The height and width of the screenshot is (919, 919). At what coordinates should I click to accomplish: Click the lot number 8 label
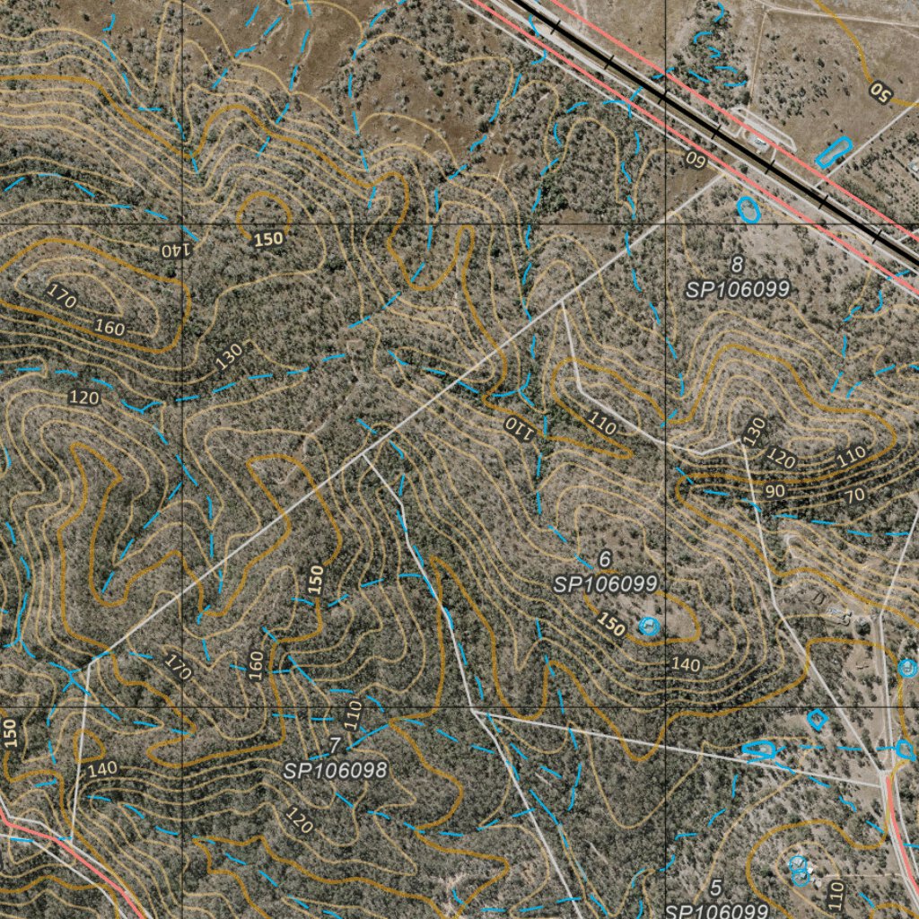click(x=737, y=265)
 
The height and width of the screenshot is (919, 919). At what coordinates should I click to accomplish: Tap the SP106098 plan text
click(x=335, y=770)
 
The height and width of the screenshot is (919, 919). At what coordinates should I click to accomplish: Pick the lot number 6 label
click(x=605, y=559)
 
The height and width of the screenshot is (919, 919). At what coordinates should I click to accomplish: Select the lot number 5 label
click(x=715, y=888)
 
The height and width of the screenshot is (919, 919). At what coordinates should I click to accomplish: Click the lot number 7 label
click(x=334, y=746)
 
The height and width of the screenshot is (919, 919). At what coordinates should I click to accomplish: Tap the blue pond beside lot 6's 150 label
click(x=647, y=626)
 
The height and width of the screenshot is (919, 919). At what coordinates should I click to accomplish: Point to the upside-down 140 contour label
click(x=175, y=249)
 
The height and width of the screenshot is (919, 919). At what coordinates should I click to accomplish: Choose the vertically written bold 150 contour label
click(x=315, y=579)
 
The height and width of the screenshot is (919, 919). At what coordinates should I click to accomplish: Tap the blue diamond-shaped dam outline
click(x=816, y=719)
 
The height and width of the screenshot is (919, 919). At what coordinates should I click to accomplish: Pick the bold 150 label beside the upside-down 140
click(x=268, y=239)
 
